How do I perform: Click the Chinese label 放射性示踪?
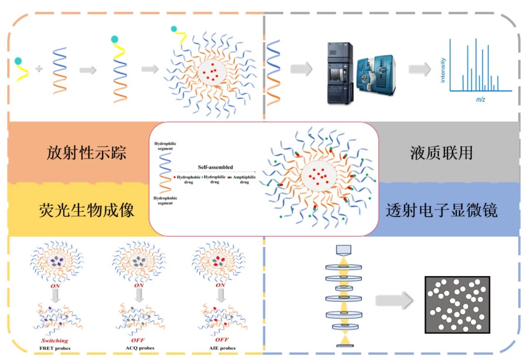click(86, 153)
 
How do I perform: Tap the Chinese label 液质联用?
click(441, 153)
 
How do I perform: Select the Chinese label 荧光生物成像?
click(86, 210)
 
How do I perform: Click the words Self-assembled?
click(215, 167)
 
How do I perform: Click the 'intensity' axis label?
click(442, 70)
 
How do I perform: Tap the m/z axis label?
click(480, 99)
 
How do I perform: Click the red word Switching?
click(54, 341)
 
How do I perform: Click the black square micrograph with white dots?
click(457, 304)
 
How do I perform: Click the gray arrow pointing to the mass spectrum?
click(419, 69)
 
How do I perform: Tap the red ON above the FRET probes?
click(55, 286)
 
